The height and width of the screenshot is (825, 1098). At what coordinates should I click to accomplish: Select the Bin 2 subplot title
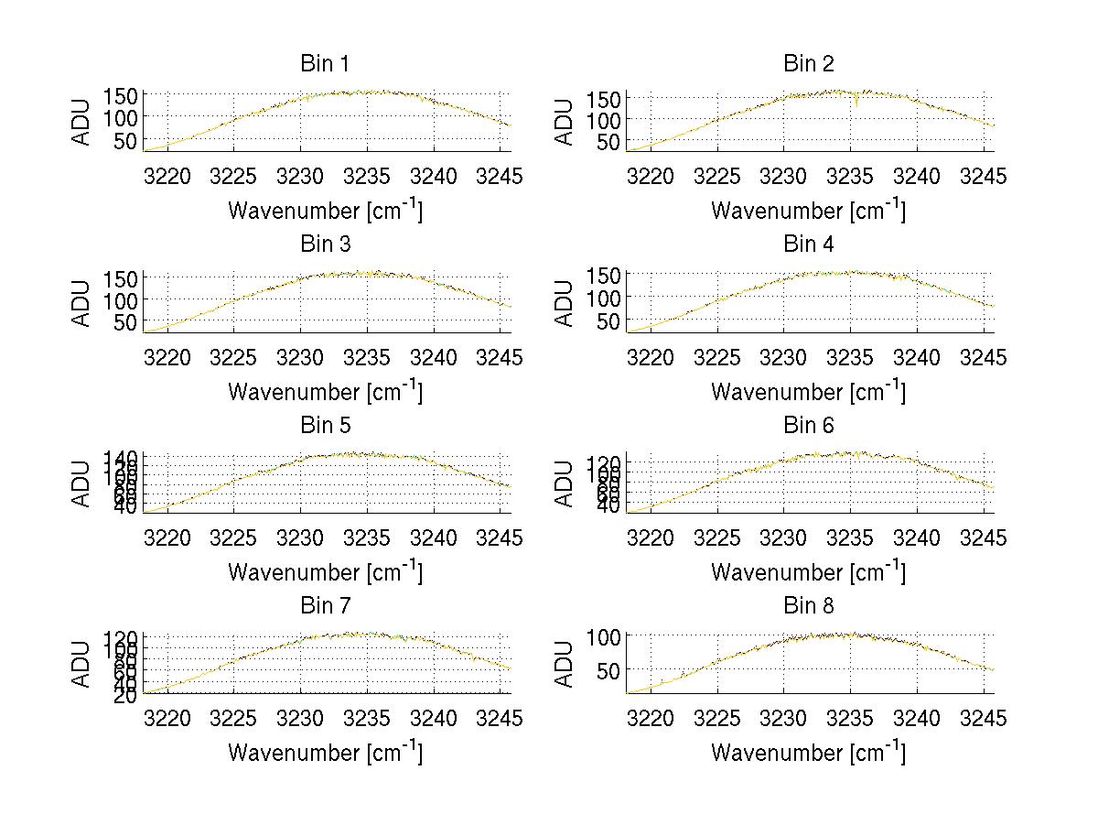[808, 64]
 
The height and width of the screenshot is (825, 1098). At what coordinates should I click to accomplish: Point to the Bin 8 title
[808, 606]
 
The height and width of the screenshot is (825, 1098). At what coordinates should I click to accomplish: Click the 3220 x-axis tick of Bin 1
[168, 176]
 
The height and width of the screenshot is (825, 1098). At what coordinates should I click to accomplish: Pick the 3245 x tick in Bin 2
[984, 176]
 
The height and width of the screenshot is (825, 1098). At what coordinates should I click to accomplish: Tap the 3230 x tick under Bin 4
[784, 356]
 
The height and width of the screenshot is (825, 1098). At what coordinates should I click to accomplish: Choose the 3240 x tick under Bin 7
[434, 718]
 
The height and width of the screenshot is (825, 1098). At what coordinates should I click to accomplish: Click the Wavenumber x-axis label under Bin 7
[325, 753]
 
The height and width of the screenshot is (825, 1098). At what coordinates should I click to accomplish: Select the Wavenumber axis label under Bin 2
[808, 211]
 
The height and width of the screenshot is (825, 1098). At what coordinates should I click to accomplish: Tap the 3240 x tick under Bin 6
[917, 537]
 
